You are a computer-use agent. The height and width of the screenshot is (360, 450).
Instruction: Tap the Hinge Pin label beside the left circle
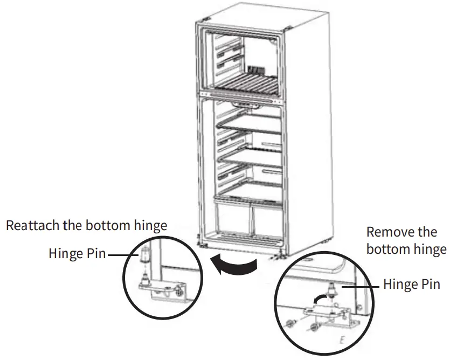[x=77, y=253]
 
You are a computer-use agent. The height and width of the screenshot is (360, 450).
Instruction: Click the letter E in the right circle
[x=341, y=341]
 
